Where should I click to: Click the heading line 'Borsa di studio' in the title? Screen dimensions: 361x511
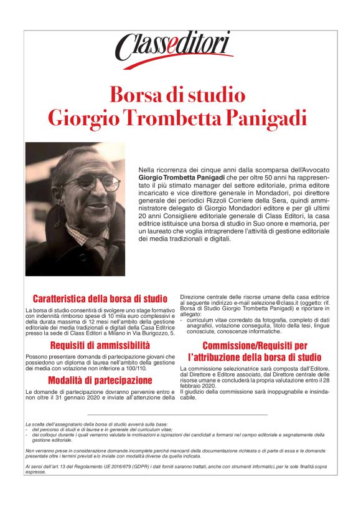click(x=177, y=94)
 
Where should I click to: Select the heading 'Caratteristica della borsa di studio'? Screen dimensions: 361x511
click(x=100, y=298)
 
